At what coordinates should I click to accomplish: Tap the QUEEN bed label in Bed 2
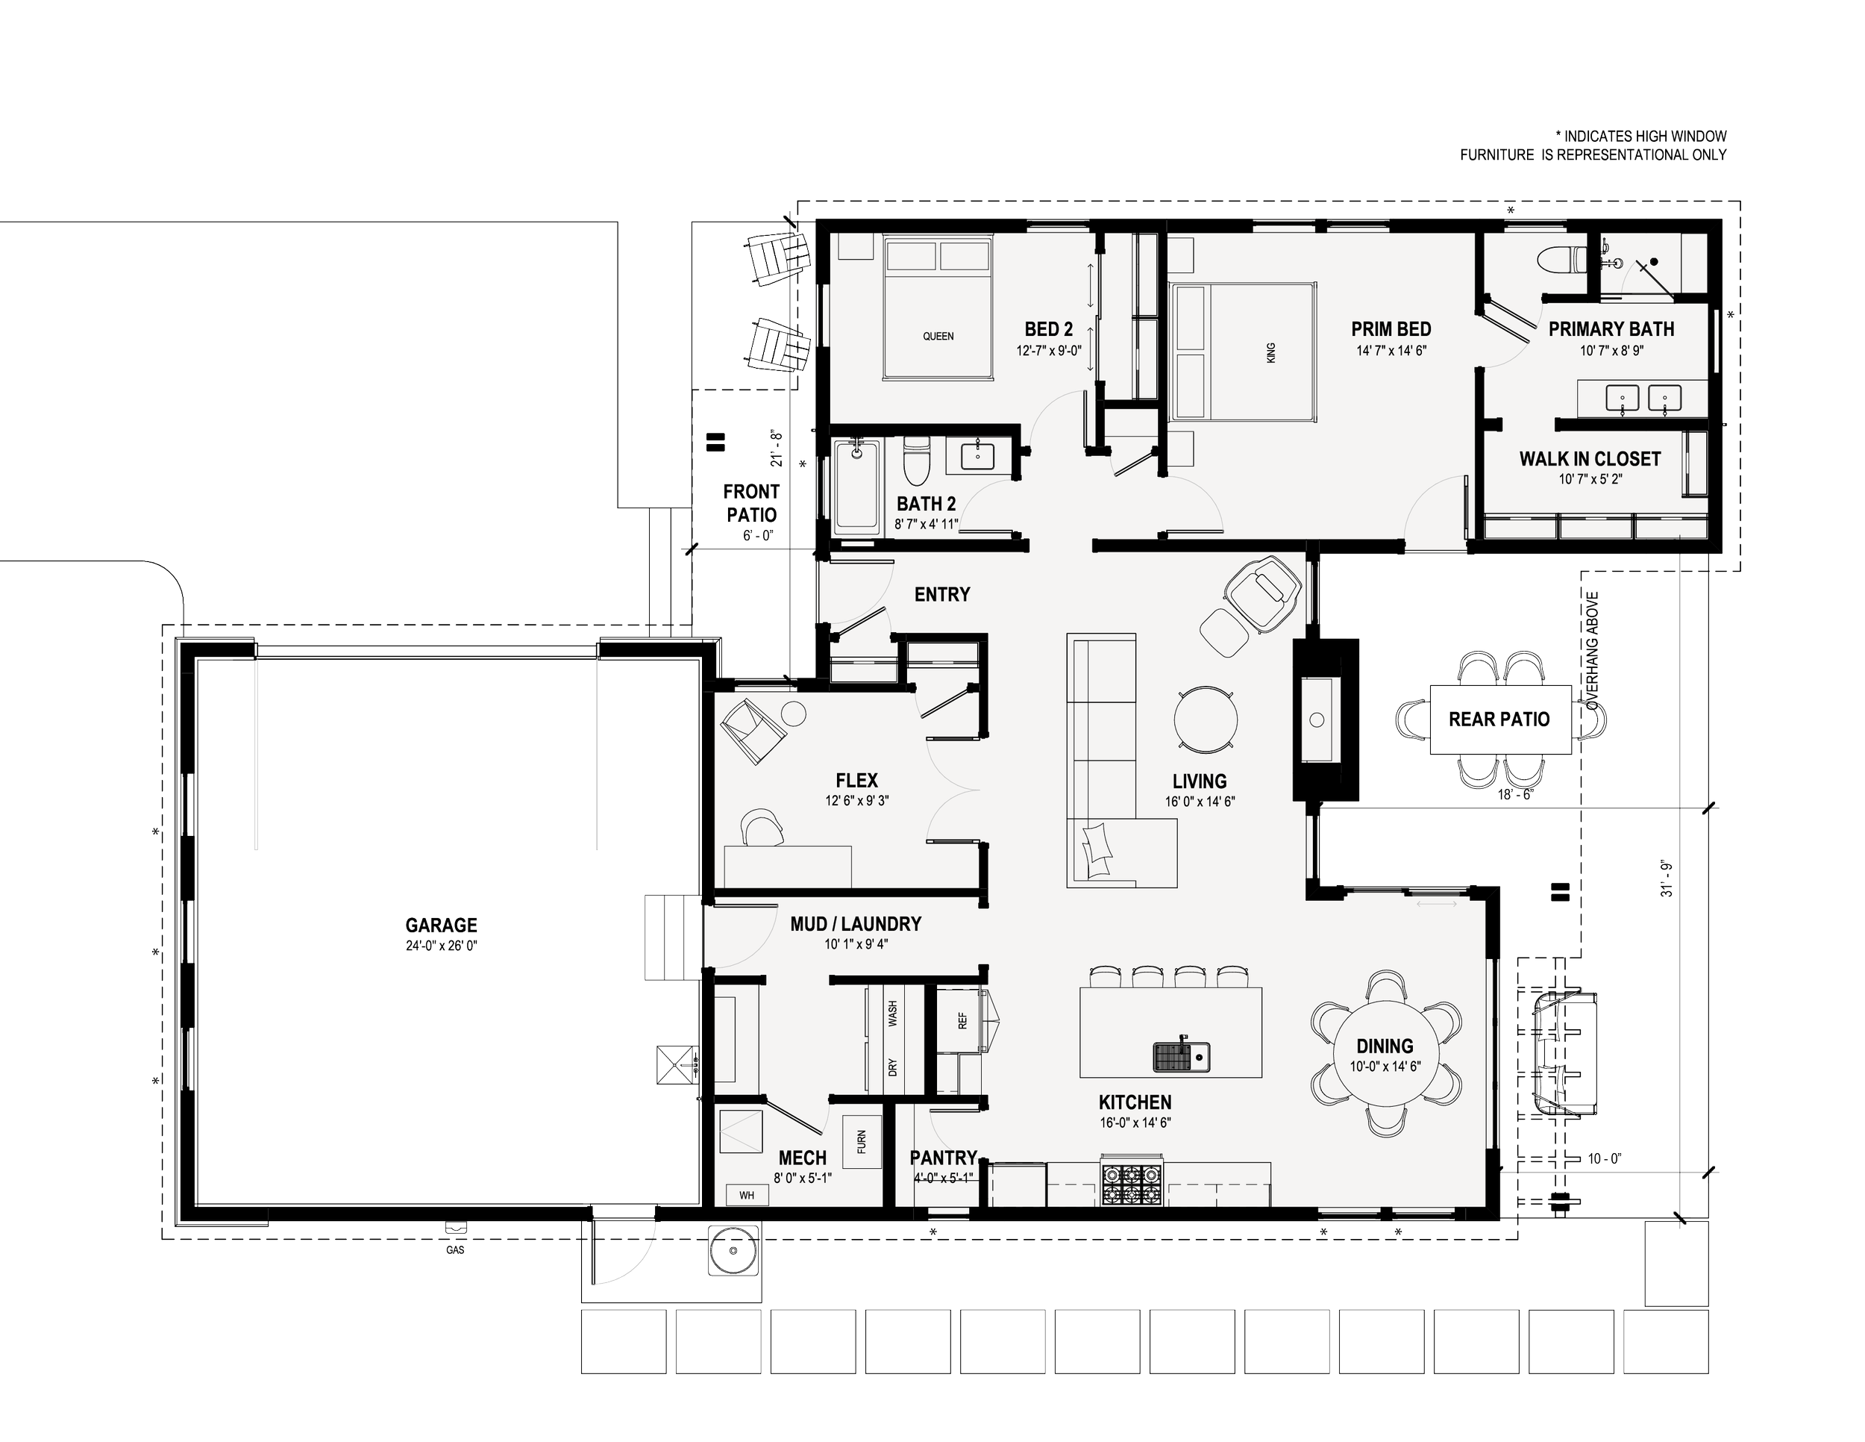tap(938, 337)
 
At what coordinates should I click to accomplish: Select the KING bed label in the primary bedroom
tap(1270, 353)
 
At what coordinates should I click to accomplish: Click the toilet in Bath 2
tap(916, 461)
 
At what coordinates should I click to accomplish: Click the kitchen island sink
tap(1182, 1056)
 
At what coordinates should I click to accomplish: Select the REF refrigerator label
tap(962, 1020)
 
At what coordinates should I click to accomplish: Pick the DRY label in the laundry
tap(892, 1068)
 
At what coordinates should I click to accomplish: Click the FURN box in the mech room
tap(862, 1141)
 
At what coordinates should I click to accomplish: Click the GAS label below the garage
tap(455, 1249)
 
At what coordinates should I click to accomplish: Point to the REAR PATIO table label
tap(1499, 720)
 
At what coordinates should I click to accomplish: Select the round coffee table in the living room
tap(1205, 720)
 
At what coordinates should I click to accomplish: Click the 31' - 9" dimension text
tap(1666, 878)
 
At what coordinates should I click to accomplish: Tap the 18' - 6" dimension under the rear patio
tap(1515, 793)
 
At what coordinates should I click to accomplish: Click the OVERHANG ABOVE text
tap(1593, 651)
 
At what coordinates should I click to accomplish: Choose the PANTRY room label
tap(943, 1158)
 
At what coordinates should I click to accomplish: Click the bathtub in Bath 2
tap(856, 486)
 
